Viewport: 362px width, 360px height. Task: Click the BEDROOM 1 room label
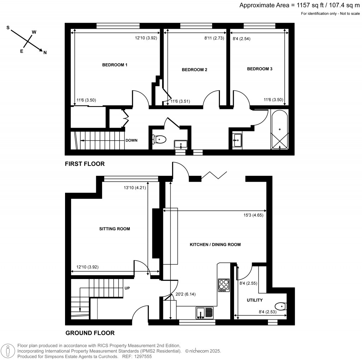115,65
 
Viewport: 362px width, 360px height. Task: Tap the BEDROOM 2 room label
194,70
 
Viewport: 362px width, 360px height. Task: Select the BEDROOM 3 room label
259,69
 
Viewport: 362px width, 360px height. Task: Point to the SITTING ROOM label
115,229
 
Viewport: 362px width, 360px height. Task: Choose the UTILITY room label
255,300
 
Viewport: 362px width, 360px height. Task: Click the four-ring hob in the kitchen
223,285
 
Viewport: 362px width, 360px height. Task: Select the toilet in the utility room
281,306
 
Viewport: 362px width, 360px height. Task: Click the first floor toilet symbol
159,140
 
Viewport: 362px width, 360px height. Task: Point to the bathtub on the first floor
280,130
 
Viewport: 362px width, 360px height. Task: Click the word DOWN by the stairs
132,140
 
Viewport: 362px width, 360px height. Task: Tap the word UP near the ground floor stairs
127,288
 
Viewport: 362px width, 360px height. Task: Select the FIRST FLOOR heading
84,164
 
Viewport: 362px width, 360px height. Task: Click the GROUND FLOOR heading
90,333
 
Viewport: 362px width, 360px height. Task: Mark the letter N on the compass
45,53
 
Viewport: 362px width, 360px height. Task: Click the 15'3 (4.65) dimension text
251,215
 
